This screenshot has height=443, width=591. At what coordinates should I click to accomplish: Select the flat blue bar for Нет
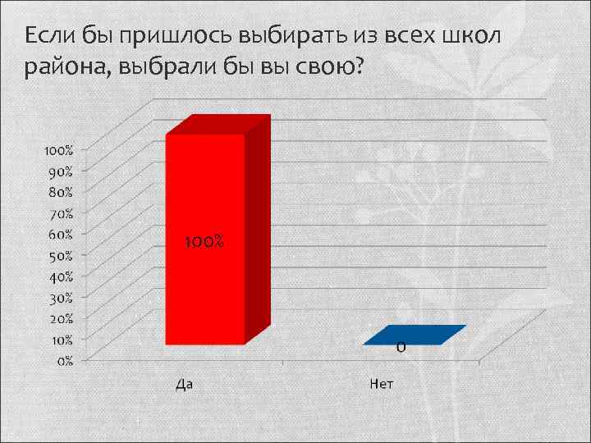[415, 335]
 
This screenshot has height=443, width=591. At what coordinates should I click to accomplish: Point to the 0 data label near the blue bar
[401, 348]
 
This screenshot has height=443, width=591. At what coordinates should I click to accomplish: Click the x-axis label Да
[186, 383]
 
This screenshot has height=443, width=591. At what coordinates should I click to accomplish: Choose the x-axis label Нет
[382, 383]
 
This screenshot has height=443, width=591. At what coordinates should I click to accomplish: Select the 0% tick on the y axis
[63, 359]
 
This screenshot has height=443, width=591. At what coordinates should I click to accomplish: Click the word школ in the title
[472, 35]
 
